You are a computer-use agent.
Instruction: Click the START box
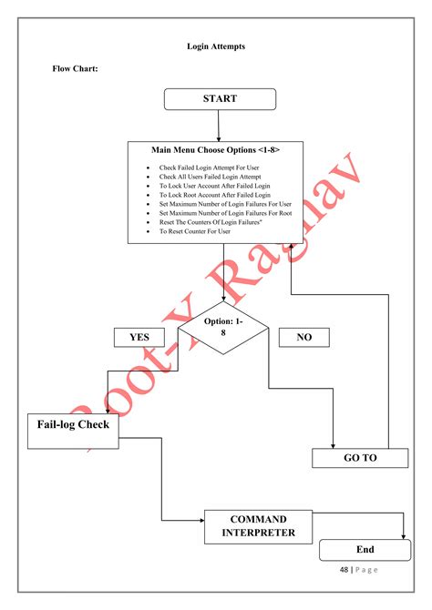pos(220,98)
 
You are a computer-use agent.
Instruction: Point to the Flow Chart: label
pos(74,69)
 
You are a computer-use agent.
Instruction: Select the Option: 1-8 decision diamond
pos(223,327)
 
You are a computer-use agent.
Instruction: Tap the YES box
pos(139,337)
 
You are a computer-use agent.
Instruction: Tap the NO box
pos(304,337)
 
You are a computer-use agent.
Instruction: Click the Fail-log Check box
pos(73,425)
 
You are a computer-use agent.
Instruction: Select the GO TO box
pos(359,458)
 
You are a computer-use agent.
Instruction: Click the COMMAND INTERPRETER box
pos(258,525)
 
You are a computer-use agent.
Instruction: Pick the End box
pos(365,550)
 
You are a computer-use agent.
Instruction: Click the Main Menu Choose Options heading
pos(215,149)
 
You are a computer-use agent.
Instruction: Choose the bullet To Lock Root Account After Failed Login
pos(214,195)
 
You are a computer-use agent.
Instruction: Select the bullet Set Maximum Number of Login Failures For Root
pos(225,213)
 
